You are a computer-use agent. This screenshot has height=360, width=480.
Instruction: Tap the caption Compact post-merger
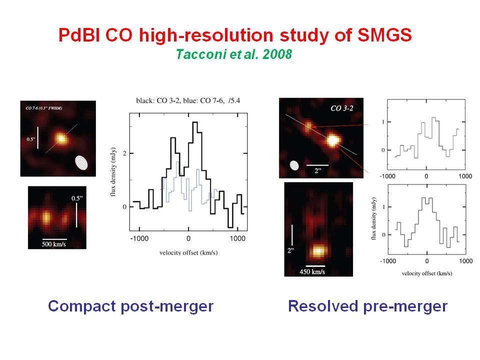[x=130, y=305]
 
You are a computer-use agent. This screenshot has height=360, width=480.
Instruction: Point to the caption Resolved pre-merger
[x=367, y=305]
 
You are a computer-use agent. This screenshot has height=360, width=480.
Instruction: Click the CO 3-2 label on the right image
[x=343, y=108]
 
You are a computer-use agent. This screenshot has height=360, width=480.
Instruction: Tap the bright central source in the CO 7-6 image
[x=61, y=137]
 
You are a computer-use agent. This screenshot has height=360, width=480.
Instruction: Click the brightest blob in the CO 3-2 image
[x=332, y=140]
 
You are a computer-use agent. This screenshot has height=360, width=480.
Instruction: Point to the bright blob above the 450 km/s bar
[x=318, y=250]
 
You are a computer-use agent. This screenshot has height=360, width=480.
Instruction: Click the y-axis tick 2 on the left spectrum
[x=124, y=153]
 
